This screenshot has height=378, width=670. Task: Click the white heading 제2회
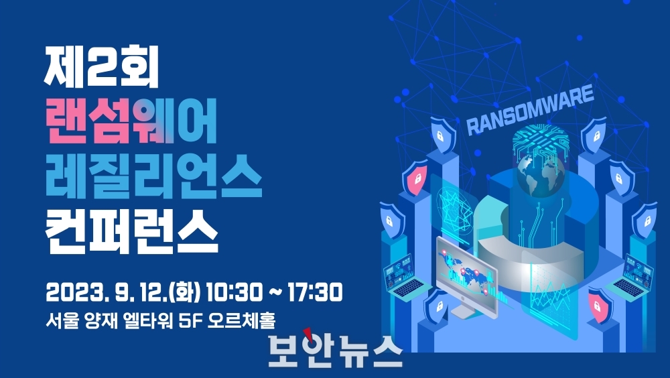[102, 67]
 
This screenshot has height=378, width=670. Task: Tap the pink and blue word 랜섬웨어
[131, 121]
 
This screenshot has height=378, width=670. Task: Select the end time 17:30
[315, 292]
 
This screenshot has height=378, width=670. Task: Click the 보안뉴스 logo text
[336, 351]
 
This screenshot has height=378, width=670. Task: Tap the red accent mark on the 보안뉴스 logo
[307, 333]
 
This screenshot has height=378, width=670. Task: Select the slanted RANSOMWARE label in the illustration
[530, 110]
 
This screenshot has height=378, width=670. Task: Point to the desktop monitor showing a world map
[466, 273]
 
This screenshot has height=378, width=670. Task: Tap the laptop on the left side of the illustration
[404, 276]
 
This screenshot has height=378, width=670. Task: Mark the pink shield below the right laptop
[600, 306]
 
